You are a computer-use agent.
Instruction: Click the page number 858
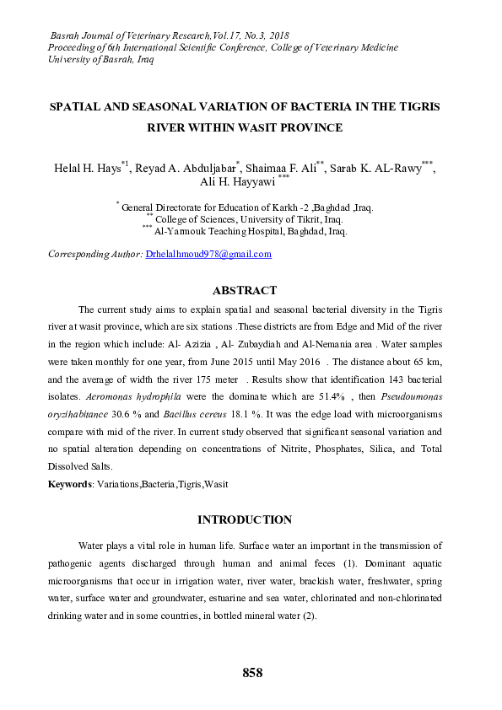[x=252, y=673]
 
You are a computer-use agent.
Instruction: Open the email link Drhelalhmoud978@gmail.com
[x=208, y=254]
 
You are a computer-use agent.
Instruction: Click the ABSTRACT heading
[x=245, y=290]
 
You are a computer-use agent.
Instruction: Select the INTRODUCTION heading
[x=245, y=519]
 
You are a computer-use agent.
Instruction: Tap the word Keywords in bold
[x=70, y=485]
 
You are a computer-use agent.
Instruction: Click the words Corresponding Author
[x=95, y=254]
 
